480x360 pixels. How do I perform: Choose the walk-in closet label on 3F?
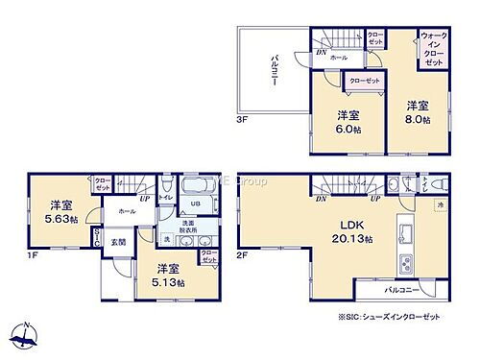pos(432,47)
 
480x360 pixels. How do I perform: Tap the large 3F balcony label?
pos(274,70)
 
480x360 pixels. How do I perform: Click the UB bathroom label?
pos(193,204)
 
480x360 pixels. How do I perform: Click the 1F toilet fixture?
pos(167,187)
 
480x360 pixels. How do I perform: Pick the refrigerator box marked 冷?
pos(441,204)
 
